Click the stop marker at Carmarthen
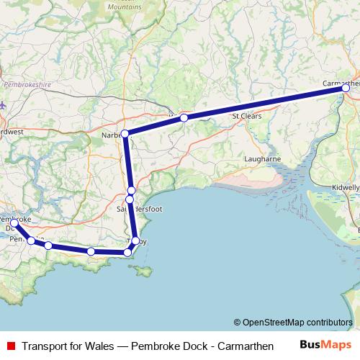tap(346, 88)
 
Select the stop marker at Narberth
tap(125, 134)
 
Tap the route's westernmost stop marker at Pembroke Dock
tap(14, 223)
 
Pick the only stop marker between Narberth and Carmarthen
tap(184, 117)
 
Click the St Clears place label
tap(246, 115)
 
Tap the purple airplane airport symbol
tap(3, 105)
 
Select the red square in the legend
tap(10, 346)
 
